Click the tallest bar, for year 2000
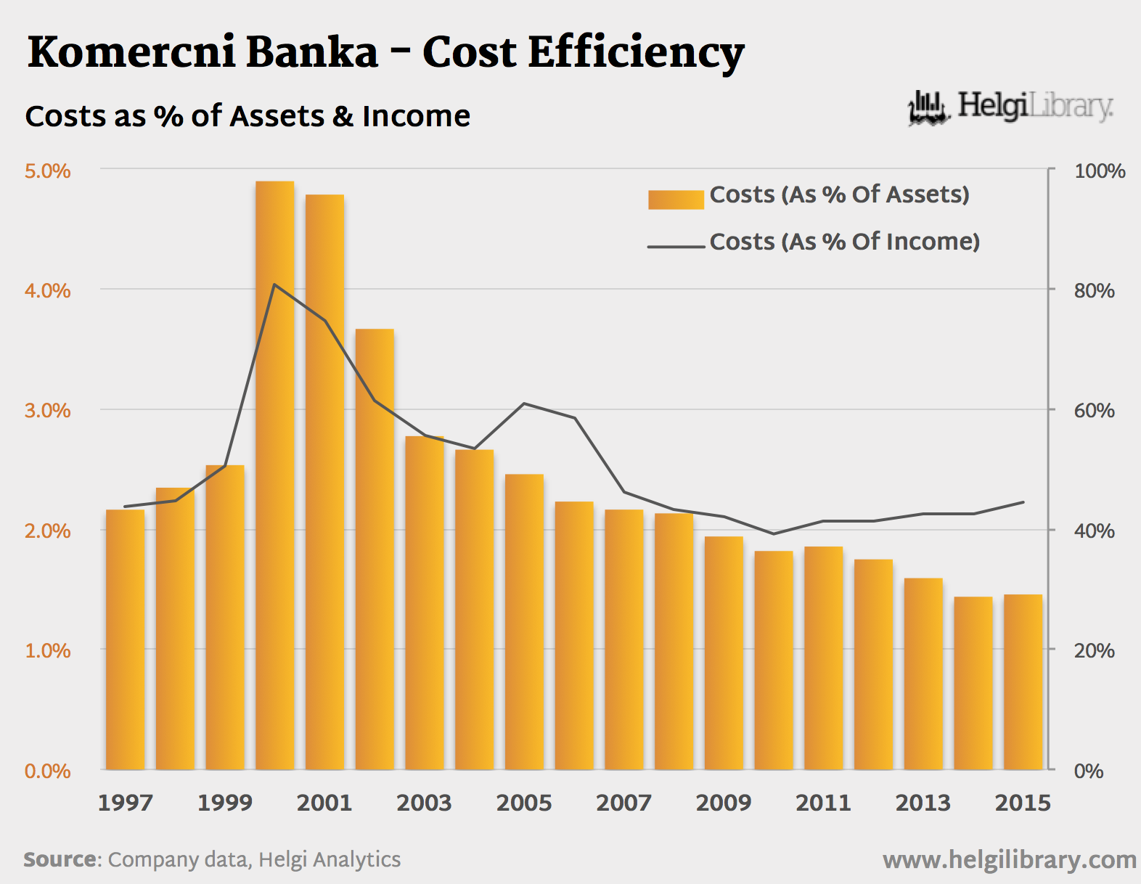(x=274, y=475)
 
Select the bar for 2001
(x=324, y=482)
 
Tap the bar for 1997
(x=125, y=639)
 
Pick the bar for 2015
(x=1023, y=682)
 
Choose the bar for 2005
(x=524, y=622)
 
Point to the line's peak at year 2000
(x=274, y=285)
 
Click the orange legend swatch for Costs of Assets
(x=676, y=200)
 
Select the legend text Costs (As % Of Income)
(x=844, y=242)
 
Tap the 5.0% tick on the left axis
(x=48, y=171)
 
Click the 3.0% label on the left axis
(x=48, y=411)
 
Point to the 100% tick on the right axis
(x=1100, y=171)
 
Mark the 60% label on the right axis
(x=1095, y=411)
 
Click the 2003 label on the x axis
(x=424, y=803)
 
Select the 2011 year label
(x=823, y=803)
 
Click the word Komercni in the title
(x=131, y=54)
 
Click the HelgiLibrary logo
(x=1010, y=107)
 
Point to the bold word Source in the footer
(x=60, y=859)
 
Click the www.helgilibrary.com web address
(x=1009, y=860)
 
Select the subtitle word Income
(x=416, y=116)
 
